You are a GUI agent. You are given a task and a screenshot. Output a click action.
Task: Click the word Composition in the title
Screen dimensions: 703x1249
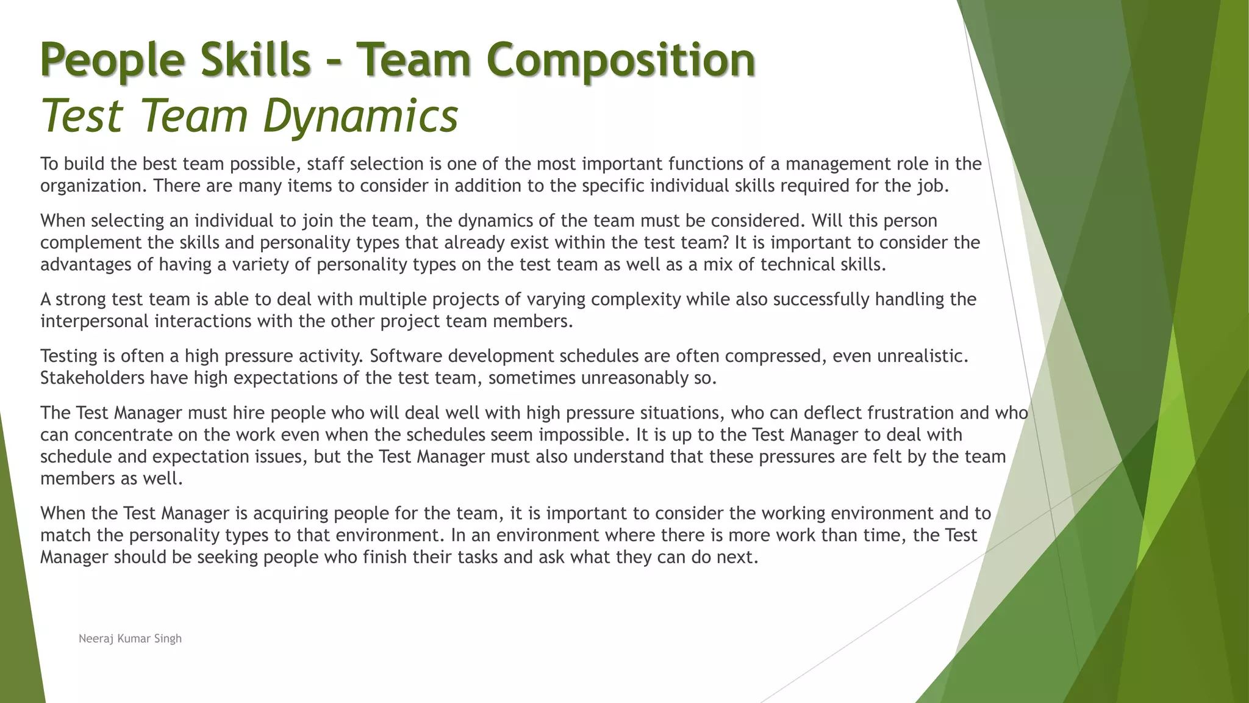tap(621, 60)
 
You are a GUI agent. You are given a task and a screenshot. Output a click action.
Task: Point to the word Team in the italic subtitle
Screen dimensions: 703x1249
tap(190, 115)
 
